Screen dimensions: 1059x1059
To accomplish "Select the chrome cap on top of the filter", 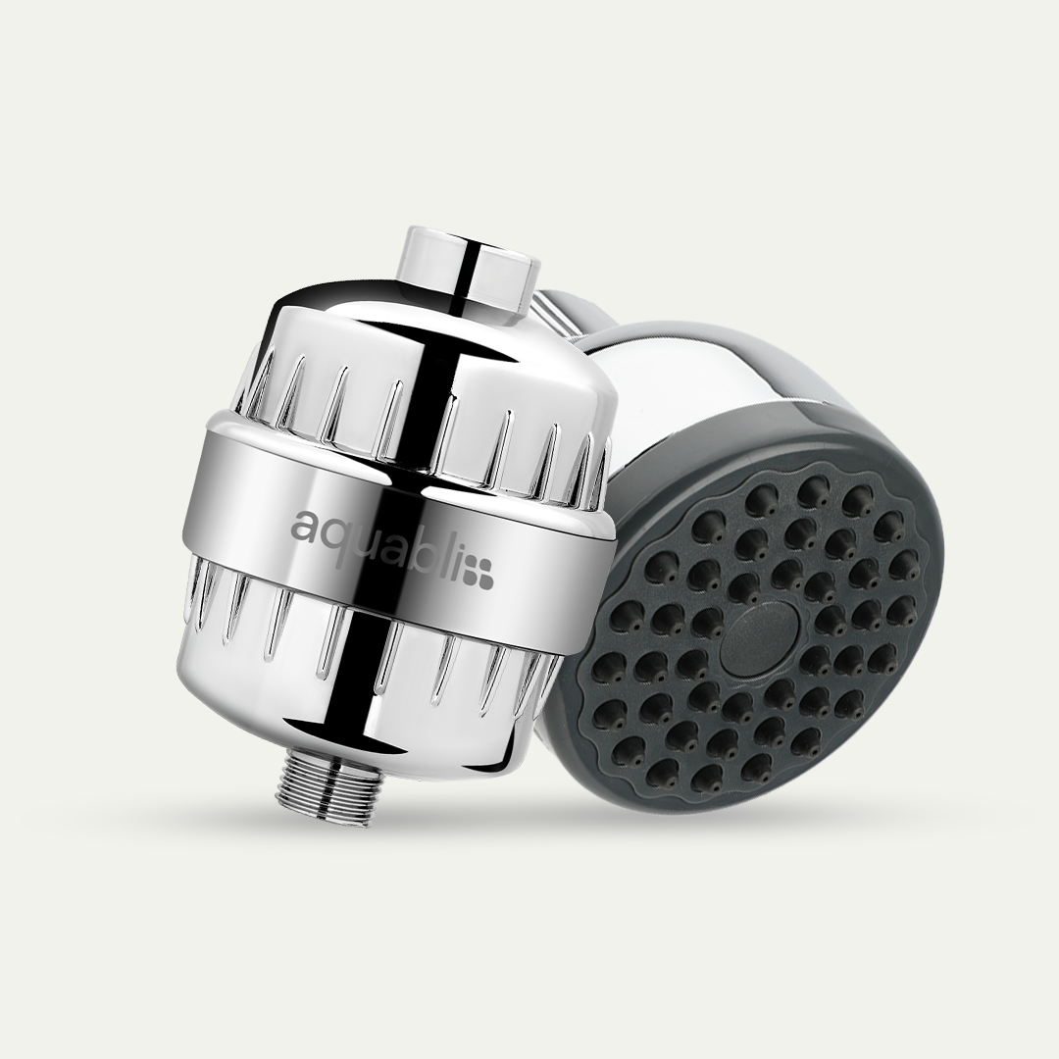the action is click(x=470, y=267).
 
